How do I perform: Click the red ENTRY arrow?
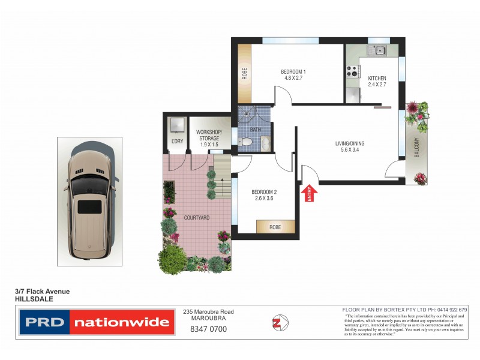tap(310, 193)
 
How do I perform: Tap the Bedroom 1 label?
tap(293, 73)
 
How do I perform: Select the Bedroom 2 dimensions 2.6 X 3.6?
tap(264, 199)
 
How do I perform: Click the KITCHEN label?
tap(377, 79)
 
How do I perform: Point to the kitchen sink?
tap(379, 51)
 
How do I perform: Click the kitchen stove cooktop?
tap(352, 71)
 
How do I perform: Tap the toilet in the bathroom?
tap(245, 142)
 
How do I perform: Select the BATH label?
tap(254, 129)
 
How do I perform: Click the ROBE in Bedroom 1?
tap(244, 74)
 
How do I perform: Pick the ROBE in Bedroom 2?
tap(275, 227)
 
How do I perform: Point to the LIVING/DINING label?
tap(349, 143)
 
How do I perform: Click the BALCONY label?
tap(416, 147)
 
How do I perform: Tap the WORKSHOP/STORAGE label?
tap(209, 135)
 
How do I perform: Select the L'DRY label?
tap(176, 141)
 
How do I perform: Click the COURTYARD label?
tap(196, 218)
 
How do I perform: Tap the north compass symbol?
tap(278, 322)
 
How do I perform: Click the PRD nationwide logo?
tap(97, 322)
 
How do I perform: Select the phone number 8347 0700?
tap(208, 329)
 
